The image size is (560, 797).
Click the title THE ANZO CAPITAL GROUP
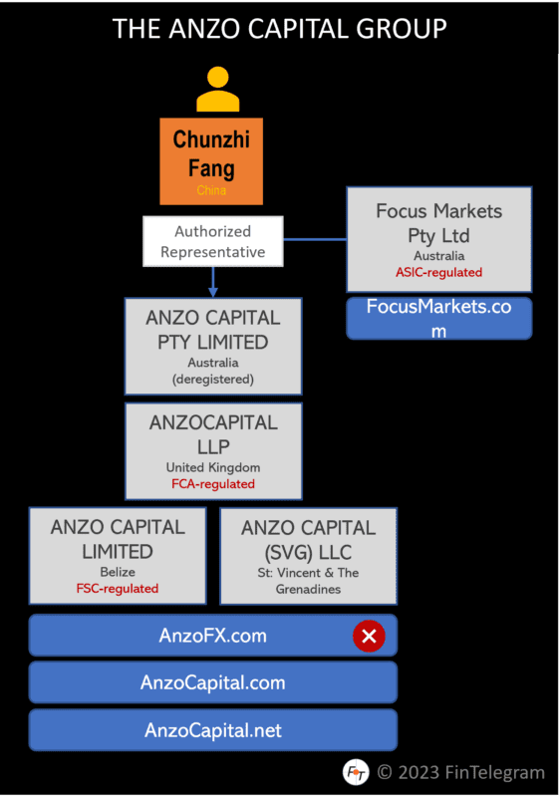pyautogui.click(x=280, y=29)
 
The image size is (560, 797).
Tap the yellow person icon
pyautogui.click(x=218, y=89)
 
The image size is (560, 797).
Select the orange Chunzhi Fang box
pyautogui.click(x=211, y=160)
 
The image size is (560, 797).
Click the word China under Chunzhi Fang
pyautogui.click(x=211, y=190)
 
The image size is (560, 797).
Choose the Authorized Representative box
pyautogui.click(x=213, y=241)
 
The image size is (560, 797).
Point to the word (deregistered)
pyautogui.click(x=213, y=379)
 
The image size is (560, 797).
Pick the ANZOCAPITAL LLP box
pyautogui.click(x=213, y=450)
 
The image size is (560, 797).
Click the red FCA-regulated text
pyautogui.click(x=213, y=484)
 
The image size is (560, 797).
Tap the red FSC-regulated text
pyautogui.click(x=118, y=588)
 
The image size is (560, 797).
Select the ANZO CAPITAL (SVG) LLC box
pyautogui.click(x=308, y=556)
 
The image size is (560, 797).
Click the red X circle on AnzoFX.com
pyautogui.click(x=369, y=636)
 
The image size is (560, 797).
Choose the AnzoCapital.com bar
pyautogui.click(x=213, y=683)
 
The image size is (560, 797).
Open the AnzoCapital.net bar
pyautogui.click(x=213, y=730)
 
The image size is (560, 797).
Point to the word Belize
pyautogui.click(x=118, y=573)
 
